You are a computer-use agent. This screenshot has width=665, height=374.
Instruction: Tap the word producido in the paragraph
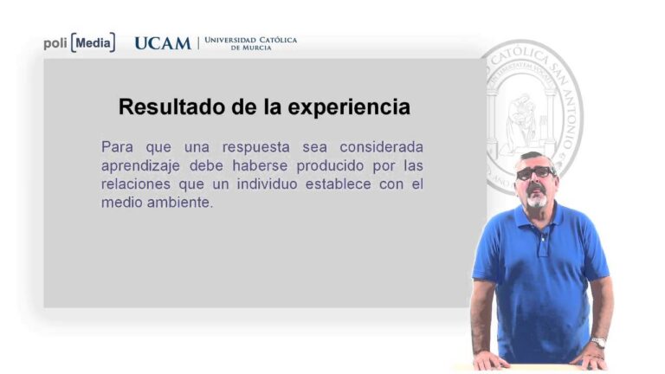pos(327,165)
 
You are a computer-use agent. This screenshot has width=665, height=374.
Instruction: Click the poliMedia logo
pos(79,43)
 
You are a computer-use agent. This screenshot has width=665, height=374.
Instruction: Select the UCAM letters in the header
pos(162,43)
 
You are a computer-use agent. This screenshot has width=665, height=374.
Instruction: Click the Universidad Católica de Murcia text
pos(250,43)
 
